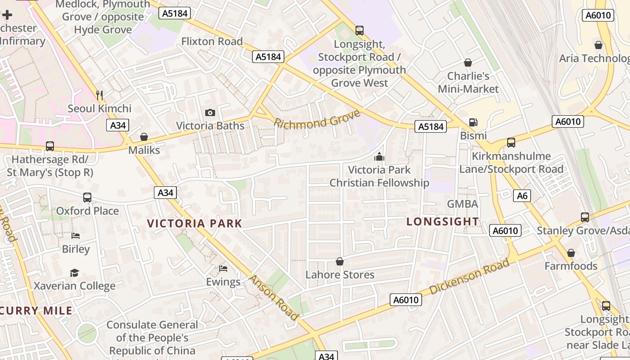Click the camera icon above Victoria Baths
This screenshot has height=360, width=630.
tap(210, 112)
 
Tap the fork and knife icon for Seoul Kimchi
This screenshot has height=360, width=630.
tap(99, 95)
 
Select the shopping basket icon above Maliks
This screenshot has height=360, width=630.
tap(144, 137)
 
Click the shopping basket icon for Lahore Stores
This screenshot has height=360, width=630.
tap(340, 261)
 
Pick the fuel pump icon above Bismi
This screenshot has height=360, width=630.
tap(473, 122)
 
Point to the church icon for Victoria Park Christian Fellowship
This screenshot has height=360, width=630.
tap(379, 157)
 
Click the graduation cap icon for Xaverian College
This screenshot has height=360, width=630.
tap(74, 273)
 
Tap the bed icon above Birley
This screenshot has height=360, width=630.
tap(76, 236)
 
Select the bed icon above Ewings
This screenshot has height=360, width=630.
tap(223, 269)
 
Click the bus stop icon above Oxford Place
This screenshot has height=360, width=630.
tap(87, 198)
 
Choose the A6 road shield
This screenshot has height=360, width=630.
tap(522, 196)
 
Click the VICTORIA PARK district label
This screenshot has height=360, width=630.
tap(194, 223)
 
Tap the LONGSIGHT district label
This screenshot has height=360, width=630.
tap(443, 221)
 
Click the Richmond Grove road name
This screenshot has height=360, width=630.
tap(317, 119)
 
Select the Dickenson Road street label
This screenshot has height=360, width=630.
tap(469, 276)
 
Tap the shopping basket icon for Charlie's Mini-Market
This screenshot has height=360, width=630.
tap(468, 63)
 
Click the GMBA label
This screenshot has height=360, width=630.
tap(462, 204)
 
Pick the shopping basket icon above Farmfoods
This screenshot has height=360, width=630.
tap(571, 253)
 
